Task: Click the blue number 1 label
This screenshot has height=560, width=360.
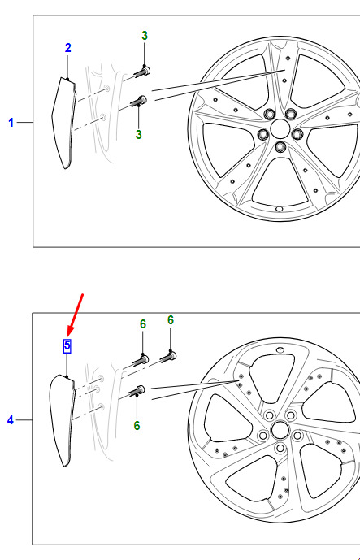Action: coord(11,123)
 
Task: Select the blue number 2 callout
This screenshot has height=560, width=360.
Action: coord(68,48)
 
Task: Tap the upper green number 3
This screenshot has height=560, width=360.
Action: coord(145,36)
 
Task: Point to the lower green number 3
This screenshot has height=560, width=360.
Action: coord(139,135)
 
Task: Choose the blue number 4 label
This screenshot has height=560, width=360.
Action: coord(11,420)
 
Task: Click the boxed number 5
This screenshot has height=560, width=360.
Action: coord(67,345)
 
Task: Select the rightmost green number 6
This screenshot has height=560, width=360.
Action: coord(171,320)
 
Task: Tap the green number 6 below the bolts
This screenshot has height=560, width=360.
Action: coord(137,425)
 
